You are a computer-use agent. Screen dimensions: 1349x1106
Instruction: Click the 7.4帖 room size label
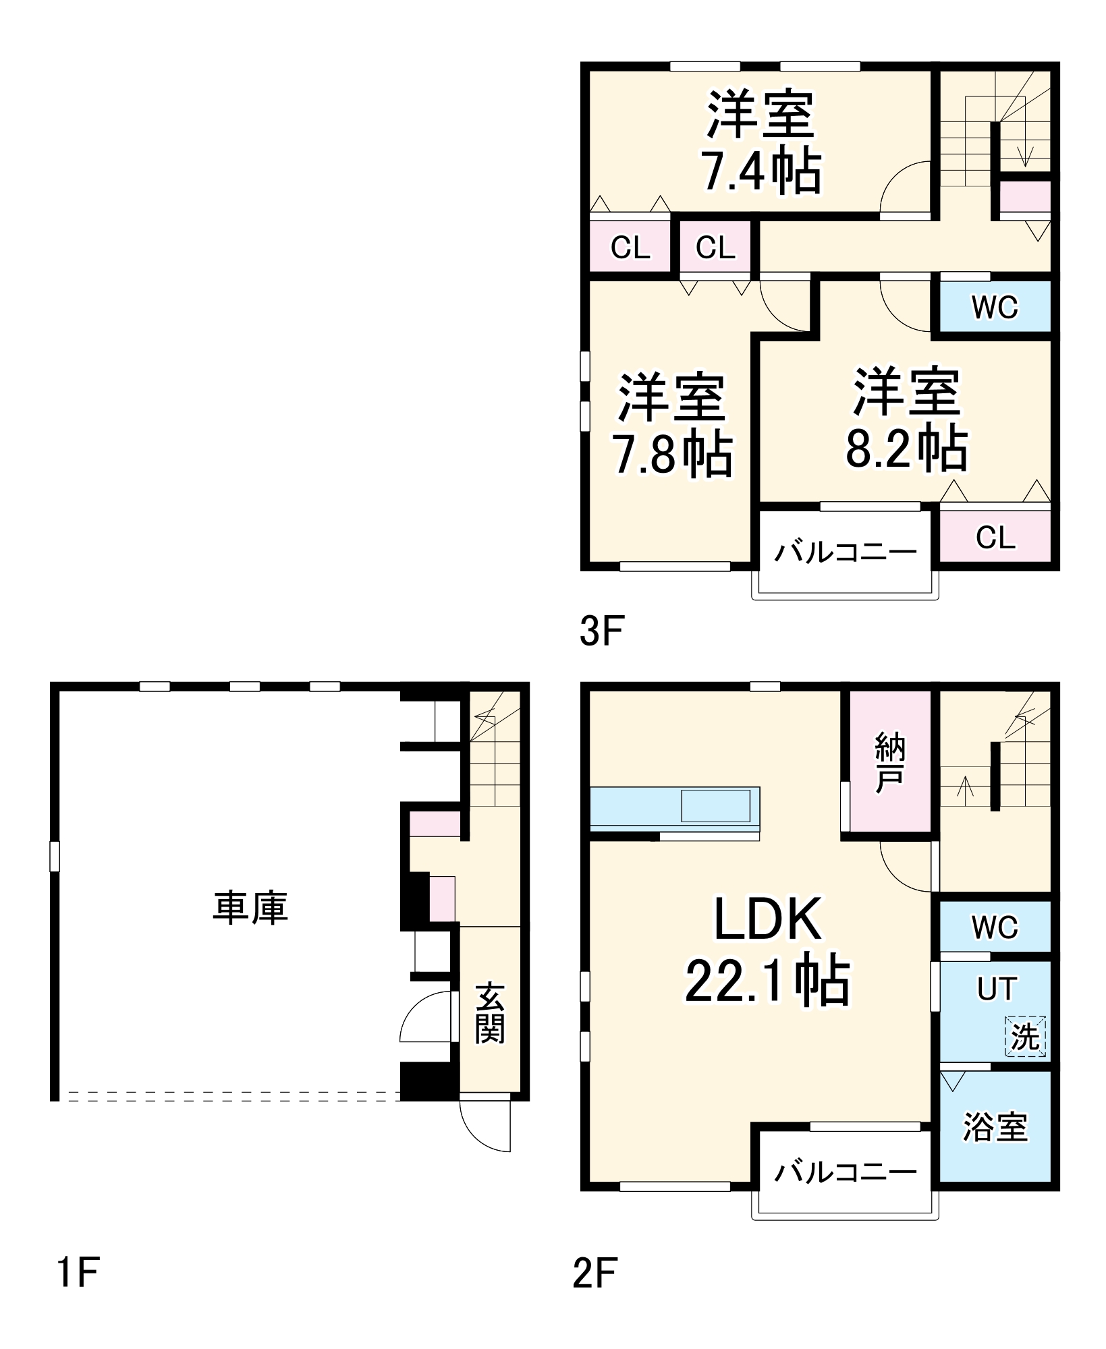click(761, 172)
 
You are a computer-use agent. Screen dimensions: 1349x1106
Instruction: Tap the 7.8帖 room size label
click(671, 454)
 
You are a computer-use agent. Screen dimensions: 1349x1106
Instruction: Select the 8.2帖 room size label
click(906, 447)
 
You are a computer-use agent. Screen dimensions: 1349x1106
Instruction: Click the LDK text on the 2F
click(767, 919)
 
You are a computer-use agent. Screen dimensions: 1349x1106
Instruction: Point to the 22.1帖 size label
click(767, 980)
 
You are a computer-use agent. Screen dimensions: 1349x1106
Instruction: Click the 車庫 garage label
click(250, 907)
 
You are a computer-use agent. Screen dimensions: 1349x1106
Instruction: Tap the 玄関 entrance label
click(490, 1013)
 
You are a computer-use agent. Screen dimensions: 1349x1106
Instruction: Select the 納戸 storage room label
click(889, 763)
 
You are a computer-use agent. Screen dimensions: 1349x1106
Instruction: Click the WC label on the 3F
click(995, 308)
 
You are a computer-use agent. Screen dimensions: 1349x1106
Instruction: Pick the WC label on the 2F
click(995, 927)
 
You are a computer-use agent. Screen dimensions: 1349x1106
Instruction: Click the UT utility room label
click(996, 989)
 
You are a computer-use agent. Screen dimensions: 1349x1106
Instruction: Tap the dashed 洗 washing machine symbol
click(1025, 1036)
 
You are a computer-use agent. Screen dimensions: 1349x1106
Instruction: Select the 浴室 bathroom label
click(995, 1127)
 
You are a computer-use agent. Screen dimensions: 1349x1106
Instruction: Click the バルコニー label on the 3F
click(846, 552)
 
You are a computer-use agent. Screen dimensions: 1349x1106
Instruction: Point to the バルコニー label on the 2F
click(846, 1173)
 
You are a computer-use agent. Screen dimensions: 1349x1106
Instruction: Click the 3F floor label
click(601, 632)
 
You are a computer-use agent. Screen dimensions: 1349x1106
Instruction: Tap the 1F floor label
click(78, 1273)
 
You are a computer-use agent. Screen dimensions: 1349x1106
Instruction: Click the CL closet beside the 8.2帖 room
click(995, 538)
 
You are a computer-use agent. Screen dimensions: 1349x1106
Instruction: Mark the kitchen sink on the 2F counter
click(715, 805)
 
